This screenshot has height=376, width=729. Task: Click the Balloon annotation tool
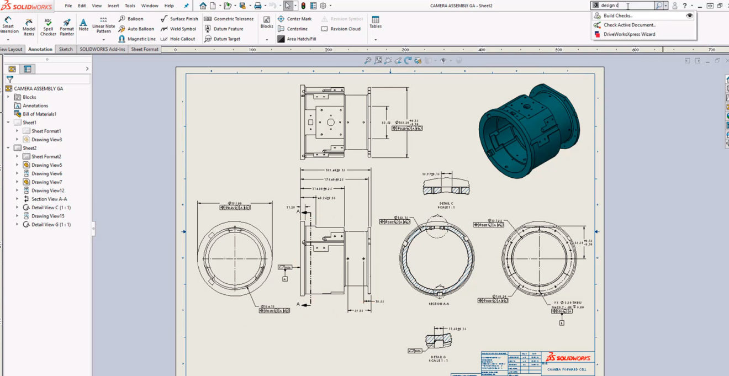tap(131, 19)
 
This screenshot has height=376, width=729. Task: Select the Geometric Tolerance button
tap(229, 19)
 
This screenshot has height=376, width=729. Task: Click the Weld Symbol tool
tap(179, 29)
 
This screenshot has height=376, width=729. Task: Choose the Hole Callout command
tap(178, 39)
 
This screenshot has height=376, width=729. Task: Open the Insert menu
tap(113, 6)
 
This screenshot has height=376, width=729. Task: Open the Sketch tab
tap(66, 49)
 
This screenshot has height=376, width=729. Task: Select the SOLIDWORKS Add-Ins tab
tap(102, 49)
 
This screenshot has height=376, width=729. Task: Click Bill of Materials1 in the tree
tap(39, 114)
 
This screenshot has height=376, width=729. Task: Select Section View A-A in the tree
tap(49, 199)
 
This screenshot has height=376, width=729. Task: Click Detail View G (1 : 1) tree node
tap(51, 225)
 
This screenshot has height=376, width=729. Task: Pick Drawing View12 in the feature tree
tap(47, 190)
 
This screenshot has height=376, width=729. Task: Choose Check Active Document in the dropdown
tap(629, 25)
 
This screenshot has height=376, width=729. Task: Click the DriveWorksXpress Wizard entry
tap(629, 34)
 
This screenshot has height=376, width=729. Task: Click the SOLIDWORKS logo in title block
tap(568, 358)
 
